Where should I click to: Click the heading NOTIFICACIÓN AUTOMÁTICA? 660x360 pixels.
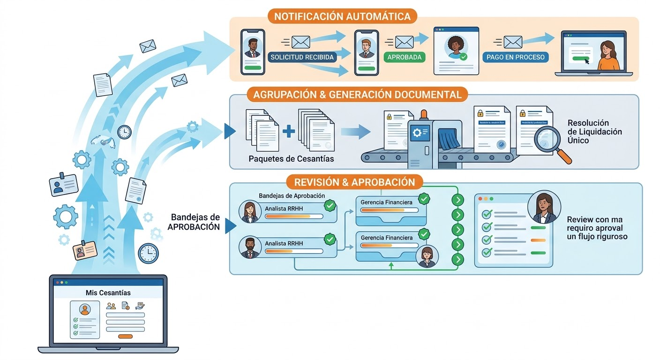(342, 17)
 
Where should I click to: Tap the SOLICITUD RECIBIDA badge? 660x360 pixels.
(302, 58)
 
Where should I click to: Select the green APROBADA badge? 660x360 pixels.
(404, 58)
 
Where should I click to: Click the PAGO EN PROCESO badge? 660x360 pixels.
(515, 57)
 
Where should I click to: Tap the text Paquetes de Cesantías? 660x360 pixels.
(291, 158)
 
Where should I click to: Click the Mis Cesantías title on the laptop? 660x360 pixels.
(108, 292)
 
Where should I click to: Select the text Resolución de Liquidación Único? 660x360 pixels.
(594, 131)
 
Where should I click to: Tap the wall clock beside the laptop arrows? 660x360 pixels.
(148, 253)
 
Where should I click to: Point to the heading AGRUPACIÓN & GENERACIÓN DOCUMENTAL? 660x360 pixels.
(357, 95)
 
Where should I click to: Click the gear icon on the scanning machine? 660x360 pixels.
(416, 133)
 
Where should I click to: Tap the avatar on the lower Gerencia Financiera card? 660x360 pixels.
(427, 256)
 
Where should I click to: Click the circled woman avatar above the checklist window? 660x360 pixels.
(542, 208)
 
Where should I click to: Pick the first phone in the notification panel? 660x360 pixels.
(253, 52)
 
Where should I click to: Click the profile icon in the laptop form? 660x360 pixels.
(85, 309)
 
